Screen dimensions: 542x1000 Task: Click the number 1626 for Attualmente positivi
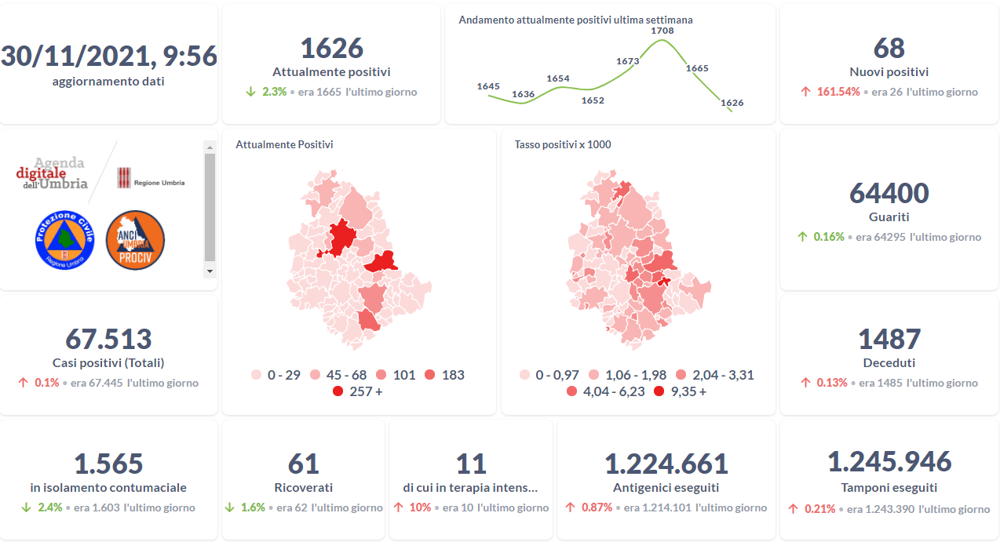331,48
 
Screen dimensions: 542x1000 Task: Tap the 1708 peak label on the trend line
662,31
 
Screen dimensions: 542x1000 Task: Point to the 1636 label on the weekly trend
523,95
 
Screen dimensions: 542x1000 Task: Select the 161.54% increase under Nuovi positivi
837,92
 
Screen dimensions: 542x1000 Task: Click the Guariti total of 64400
889,193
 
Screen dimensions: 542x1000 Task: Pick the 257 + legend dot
338,391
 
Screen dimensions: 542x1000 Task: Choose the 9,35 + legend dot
659,391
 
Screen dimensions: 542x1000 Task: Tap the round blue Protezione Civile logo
64,240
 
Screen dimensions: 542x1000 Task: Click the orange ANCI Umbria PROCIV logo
135,240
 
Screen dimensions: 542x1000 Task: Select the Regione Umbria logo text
159,183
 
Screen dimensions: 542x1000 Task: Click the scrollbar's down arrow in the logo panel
210,271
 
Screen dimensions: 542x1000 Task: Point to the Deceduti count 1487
889,340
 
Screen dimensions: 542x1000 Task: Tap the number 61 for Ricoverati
304,464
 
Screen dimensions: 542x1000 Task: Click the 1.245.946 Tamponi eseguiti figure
889,462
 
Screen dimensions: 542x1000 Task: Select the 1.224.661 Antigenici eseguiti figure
666,464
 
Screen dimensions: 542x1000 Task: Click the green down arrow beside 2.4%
26,507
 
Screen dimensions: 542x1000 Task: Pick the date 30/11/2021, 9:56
108,56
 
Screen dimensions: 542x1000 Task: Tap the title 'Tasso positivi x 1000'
563,144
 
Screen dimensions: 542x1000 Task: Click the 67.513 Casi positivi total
108,340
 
